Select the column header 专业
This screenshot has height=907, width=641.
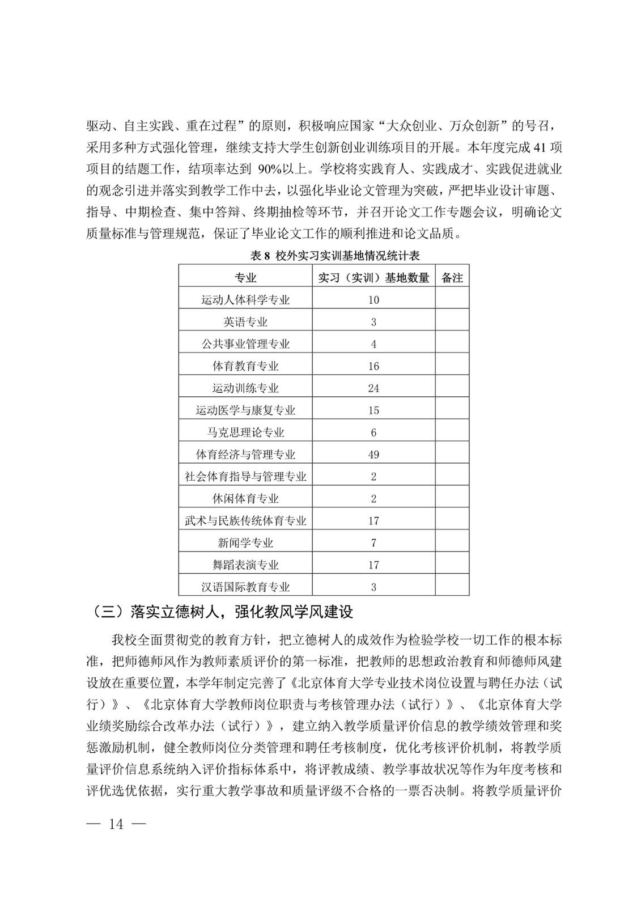[x=245, y=278]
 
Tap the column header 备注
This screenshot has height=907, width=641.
[x=452, y=278]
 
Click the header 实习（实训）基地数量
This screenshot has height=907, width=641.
[x=373, y=278]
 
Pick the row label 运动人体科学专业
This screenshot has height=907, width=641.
[x=245, y=300]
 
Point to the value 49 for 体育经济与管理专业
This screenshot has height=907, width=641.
[x=373, y=455]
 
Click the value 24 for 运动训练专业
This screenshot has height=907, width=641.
[x=373, y=388]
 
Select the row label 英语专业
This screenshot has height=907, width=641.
[x=245, y=322]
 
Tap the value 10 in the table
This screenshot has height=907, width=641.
[x=373, y=300]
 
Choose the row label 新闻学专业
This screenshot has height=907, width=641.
[x=245, y=543]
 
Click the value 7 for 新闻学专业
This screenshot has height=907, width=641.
[x=373, y=543]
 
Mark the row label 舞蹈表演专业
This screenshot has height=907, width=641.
[x=245, y=565]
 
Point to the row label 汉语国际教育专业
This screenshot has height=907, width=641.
[x=245, y=587]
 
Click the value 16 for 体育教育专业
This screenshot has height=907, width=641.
[x=373, y=366]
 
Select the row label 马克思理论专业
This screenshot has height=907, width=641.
[x=245, y=433]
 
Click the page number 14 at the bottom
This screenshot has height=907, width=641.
[x=116, y=824]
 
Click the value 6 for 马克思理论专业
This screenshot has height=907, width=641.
[x=373, y=433]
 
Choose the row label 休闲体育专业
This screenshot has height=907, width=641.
[x=245, y=499]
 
